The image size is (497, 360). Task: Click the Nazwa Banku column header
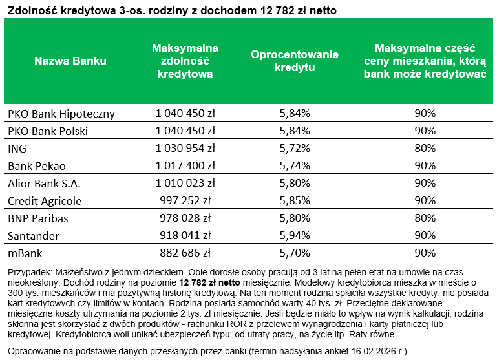click(70, 61)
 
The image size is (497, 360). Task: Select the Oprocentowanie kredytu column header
click(295, 61)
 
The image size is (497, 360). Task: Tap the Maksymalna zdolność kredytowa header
click(185, 61)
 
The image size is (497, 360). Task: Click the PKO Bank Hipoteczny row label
click(61, 114)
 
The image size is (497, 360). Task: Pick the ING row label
click(17, 149)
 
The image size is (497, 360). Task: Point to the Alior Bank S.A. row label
click(44, 184)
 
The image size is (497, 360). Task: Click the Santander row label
click(34, 236)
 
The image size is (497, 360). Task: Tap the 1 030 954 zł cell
click(185, 149)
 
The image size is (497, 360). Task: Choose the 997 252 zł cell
click(185, 201)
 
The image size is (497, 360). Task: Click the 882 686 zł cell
click(185, 253)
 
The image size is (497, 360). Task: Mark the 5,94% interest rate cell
click(295, 236)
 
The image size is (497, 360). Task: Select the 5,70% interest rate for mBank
click(295, 253)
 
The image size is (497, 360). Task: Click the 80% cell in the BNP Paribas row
click(424, 218)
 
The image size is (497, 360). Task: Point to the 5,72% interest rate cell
click(295, 149)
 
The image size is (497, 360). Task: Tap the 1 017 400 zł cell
click(185, 166)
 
